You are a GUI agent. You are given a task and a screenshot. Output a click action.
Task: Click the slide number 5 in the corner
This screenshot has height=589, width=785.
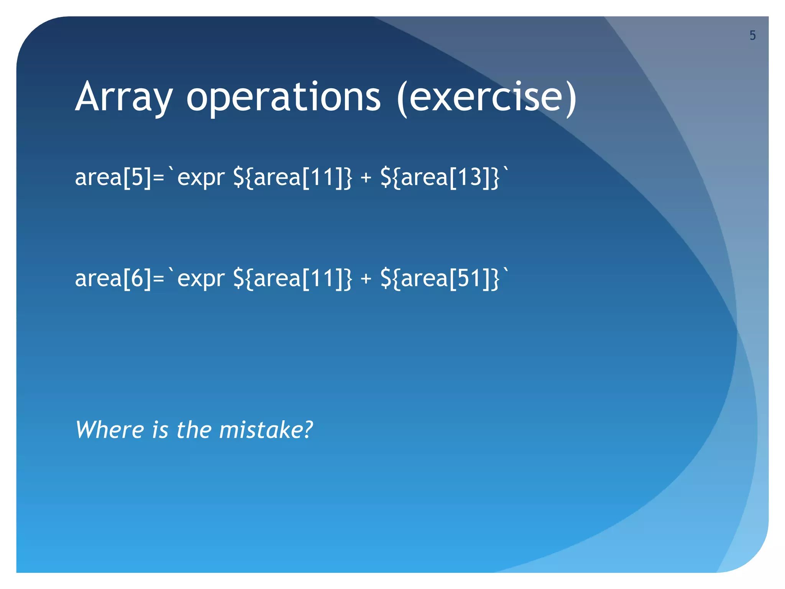(x=752, y=36)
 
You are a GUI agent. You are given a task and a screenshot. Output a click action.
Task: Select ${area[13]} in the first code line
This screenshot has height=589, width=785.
(x=440, y=178)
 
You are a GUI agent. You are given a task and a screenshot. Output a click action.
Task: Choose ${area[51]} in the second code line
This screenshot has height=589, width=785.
(x=440, y=278)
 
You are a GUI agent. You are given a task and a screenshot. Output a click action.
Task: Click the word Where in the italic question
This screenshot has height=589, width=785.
(x=109, y=429)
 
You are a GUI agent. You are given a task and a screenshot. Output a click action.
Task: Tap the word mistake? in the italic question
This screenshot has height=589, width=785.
(x=266, y=429)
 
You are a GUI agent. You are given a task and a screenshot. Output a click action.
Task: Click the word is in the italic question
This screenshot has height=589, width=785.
(x=160, y=429)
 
